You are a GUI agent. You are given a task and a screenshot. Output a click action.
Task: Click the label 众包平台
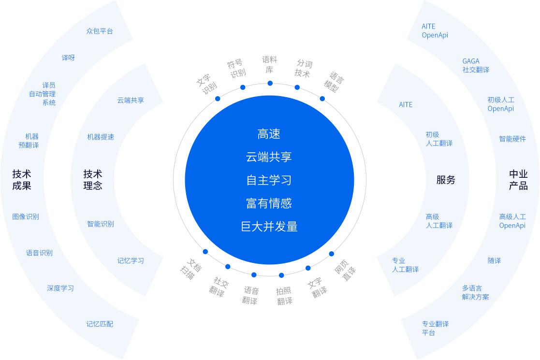tap(100, 31)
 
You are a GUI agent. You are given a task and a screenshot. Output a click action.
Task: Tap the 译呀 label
tap(68, 58)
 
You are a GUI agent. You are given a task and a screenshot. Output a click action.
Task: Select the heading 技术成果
tap(22, 179)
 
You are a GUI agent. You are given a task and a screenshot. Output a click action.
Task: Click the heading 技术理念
tap(93, 179)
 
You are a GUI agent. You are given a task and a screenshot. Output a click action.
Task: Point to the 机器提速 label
tap(101, 137)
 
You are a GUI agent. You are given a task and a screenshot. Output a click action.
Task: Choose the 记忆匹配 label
tap(100, 324)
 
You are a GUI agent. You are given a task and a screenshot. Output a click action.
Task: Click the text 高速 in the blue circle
tap(269, 134)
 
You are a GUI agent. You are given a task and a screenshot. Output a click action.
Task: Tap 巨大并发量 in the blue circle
tap(269, 226)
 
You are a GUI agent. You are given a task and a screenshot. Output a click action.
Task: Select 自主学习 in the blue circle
tap(269, 180)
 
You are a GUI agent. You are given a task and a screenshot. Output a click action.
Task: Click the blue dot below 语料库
tap(270, 84)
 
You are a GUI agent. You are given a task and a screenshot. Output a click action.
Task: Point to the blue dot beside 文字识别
tap(218, 99)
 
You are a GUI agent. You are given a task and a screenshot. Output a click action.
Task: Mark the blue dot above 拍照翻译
tap(281, 275)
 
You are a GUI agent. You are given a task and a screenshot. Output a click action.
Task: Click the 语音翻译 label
tap(251, 295)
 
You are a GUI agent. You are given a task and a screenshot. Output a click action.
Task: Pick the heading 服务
tap(446, 180)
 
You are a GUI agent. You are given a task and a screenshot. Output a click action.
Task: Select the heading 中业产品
tap(518, 180)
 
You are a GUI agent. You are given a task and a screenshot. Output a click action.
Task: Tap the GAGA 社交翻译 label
tap(476, 65)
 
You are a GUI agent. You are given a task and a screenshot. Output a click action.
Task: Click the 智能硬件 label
tap(512, 139)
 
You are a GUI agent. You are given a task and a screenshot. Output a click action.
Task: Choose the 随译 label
tap(494, 260)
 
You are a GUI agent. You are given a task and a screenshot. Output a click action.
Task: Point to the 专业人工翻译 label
tap(405, 265)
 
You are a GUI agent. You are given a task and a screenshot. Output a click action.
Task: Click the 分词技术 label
tap(304, 69)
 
